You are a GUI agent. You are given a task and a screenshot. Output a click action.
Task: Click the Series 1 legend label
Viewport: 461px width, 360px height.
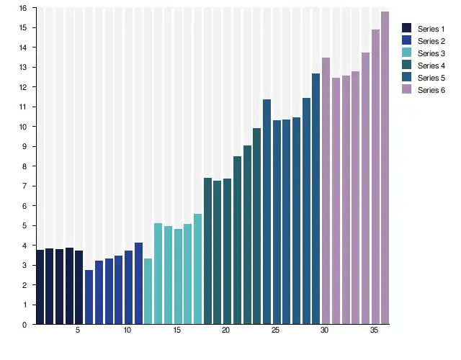pyautogui.click(x=430, y=28)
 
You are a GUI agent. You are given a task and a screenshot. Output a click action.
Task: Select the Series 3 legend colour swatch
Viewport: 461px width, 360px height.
pyautogui.click(x=406, y=53)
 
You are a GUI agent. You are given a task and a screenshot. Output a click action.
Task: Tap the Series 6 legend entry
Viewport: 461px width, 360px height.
pyautogui.click(x=430, y=90)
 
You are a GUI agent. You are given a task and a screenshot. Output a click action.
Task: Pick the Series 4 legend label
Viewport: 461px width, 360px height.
pyautogui.click(x=430, y=66)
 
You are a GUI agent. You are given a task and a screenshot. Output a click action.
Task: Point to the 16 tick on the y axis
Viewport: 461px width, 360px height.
pyautogui.click(x=23, y=8)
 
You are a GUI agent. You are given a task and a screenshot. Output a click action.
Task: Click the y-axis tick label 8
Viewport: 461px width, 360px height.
pyautogui.click(x=24, y=166)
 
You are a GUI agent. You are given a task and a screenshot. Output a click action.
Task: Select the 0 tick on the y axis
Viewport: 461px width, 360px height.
pyautogui.click(x=24, y=325)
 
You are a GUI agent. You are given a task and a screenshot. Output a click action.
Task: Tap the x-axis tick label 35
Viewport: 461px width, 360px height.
pyautogui.click(x=375, y=331)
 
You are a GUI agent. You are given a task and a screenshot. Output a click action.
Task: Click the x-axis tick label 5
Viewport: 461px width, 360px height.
pyautogui.click(x=79, y=331)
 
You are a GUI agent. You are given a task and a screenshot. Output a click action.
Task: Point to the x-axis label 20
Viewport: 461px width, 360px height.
pyautogui.click(x=226, y=331)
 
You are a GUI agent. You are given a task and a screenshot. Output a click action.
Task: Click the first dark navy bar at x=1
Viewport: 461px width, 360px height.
pyautogui.click(x=40, y=287)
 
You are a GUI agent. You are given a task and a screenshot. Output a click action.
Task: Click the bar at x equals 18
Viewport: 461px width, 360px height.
pyautogui.click(x=207, y=251)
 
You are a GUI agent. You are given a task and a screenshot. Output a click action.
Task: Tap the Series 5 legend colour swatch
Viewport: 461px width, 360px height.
pyautogui.click(x=406, y=78)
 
